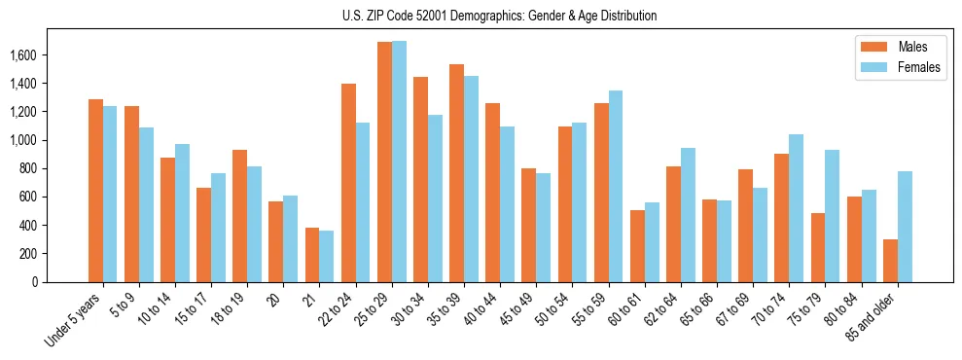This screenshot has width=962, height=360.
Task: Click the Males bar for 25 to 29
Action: pos(384,162)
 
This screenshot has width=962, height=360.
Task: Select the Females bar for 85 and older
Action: pos(905,227)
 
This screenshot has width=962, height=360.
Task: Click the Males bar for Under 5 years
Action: pos(95,191)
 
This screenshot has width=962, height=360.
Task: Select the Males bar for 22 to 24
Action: pos(348,183)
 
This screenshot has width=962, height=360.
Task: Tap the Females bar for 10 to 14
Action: pos(182,213)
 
